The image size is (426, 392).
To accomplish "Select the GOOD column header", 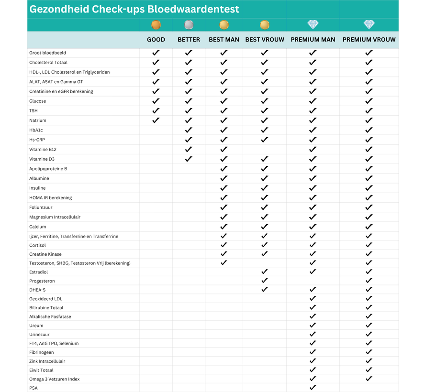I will point(156,40).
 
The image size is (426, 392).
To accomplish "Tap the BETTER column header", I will point(189,40).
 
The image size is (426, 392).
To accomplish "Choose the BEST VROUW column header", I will point(265,40).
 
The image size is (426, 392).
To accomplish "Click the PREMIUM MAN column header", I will point(313,40).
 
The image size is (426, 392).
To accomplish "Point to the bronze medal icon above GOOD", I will point(156,25).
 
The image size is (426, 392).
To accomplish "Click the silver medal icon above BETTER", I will point(189,25).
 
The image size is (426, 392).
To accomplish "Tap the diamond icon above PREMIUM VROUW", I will point(369,25).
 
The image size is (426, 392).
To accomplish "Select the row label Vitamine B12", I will point(43,150).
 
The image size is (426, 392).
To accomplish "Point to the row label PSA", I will point(33,388).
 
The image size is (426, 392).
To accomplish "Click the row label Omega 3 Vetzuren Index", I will point(54,379).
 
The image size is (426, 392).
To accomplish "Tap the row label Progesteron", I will point(42,281).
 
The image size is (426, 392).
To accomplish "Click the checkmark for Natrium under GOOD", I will point(156,120).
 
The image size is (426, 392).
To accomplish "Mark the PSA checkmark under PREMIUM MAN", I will point(313,388).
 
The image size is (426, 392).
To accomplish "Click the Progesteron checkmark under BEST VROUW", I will point(265,281).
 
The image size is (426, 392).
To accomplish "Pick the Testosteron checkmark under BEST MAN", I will point(224,262).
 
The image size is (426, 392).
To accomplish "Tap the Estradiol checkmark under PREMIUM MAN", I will point(313,272).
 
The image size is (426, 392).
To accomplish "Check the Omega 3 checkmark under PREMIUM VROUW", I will point(369,379).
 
